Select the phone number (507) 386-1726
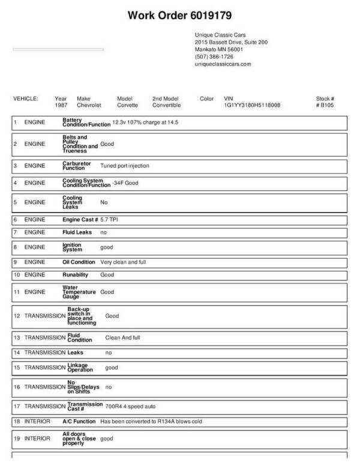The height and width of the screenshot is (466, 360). (214, 56)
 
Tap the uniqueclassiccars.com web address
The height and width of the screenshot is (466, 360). (223, 64)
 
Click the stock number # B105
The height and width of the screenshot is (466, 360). (325, 104)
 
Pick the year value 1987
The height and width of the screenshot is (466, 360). (61, 104)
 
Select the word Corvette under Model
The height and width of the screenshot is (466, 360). (127, 104)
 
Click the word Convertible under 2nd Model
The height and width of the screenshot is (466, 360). (166, 104)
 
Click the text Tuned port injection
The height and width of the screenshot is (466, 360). (125, 165)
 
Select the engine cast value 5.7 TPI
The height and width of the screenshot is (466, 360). (113, 220)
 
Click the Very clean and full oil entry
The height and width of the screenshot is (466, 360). (123, 262)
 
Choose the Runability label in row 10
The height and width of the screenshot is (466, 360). (76, 274)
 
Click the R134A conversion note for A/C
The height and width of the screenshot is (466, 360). (151, 422)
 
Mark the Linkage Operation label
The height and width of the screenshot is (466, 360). (80, 367)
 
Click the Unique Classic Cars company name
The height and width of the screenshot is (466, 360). (220, 35)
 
